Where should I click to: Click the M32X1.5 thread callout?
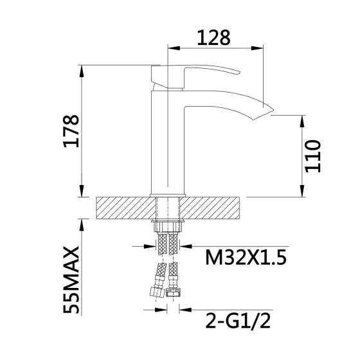[x=245, y=258]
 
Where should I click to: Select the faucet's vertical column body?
[x=167, y=145]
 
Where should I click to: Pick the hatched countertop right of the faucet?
[x=215, y=208]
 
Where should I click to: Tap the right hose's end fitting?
[x=172, y=291]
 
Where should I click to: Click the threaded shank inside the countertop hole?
[x=169, y=208]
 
